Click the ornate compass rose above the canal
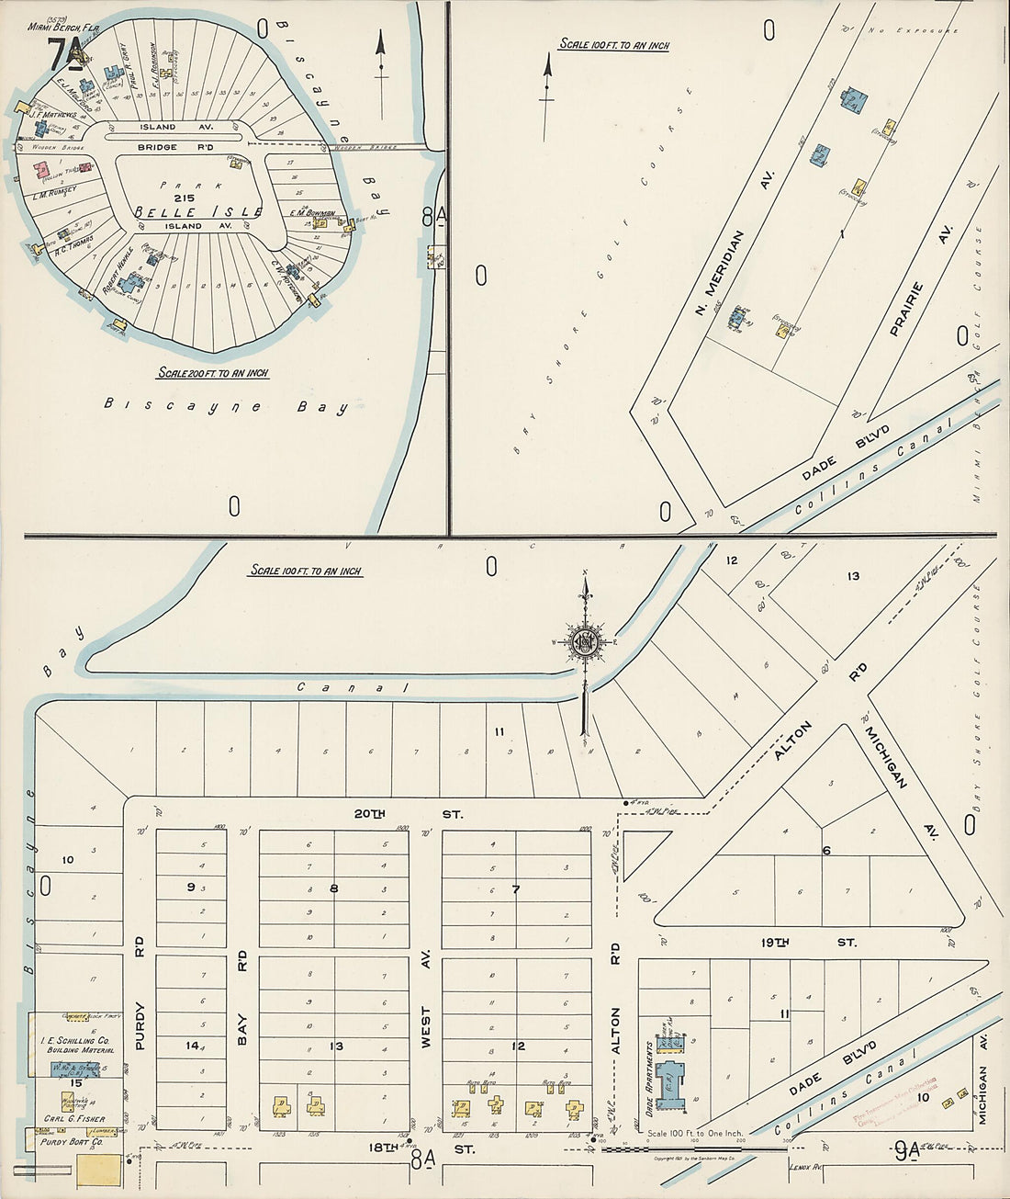pyautogui.click(x=583, y=642)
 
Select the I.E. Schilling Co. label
pyautogui.click(x=75, y=1045)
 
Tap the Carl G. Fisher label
pyautogui.click(x=72, y=1120)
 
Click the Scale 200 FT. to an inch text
pyautogui.click(x=212, y=373)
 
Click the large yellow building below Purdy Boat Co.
pyautogui.click(x=97, y=1170)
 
